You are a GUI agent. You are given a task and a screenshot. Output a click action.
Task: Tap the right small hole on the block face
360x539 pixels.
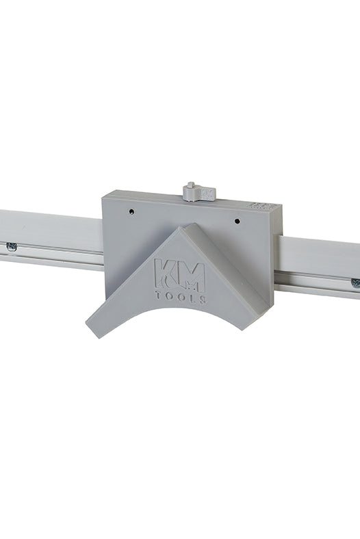237,221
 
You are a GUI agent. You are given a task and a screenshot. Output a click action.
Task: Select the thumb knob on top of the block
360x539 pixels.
197,192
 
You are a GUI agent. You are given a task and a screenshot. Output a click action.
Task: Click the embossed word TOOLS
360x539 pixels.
181,298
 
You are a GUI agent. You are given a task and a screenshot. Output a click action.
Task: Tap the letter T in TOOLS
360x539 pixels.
159,295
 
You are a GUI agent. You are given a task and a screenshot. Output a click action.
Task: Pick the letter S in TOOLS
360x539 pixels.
203,300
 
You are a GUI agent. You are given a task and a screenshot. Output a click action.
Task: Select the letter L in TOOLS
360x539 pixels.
192,299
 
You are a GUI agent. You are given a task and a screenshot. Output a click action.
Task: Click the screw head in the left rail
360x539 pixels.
12,246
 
